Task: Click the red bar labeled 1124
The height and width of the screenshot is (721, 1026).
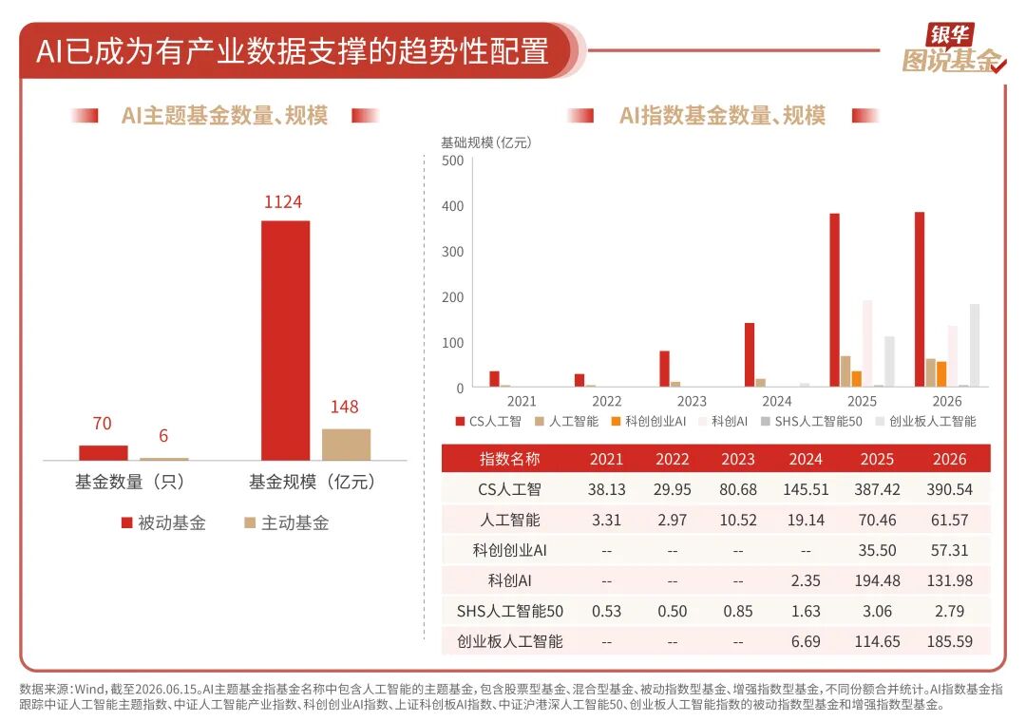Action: [x=285, y=340]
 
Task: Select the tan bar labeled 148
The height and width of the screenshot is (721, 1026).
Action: [x=346, y=445]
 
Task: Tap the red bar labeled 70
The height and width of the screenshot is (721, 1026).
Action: [x=104, y=453]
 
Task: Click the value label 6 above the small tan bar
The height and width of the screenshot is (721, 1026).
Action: [x=163, y=436]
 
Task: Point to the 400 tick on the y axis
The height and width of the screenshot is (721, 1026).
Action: [x=453, y=206]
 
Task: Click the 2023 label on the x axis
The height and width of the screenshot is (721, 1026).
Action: [x=692, y=401]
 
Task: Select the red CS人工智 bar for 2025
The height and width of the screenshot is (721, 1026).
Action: [x=834, y=299]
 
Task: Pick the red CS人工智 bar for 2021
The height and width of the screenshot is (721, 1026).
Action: [x=495, y=379]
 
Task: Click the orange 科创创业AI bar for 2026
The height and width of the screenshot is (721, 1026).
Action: [x=941, y=374]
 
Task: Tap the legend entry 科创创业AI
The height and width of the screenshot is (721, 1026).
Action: [x=649, y=422]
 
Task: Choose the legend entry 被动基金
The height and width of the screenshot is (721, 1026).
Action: [x=163, y=522]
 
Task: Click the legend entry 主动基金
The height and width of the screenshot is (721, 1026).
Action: [x=287, y=522]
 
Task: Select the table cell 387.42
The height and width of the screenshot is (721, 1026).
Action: [x=877, y=489]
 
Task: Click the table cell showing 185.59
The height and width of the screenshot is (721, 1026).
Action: [x=949, y=641]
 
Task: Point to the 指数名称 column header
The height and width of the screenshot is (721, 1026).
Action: [x=510, y=459]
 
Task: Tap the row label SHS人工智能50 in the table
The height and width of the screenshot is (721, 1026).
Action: [x=510, y=611]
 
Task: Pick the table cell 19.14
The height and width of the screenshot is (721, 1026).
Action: [x=806, y=521]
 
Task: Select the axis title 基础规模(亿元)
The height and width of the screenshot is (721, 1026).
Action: [x=486, y=142]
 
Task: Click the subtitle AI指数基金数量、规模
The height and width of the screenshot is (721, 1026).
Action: [x=722, y=115]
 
